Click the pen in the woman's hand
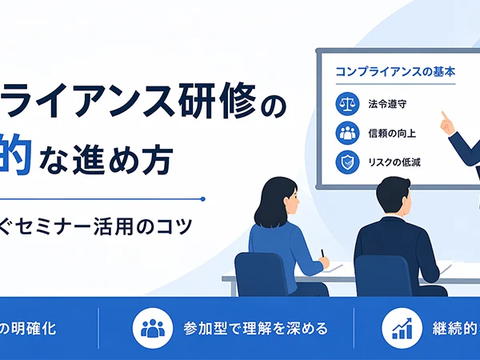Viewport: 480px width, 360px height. [322, 254]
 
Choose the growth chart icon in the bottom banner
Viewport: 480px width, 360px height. [401, 329]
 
